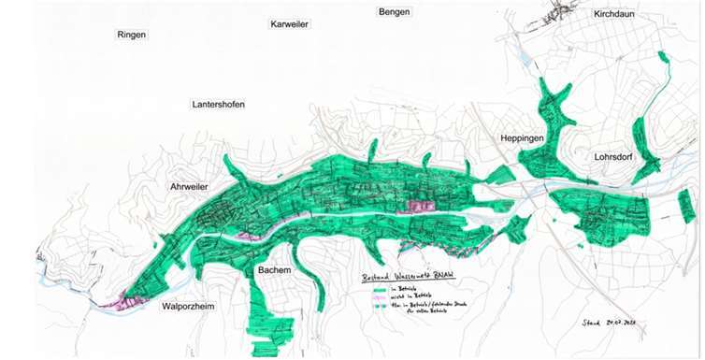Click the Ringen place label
point(132,35)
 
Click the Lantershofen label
point(217,105)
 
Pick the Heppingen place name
point(522,138)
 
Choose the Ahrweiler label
point(188,187)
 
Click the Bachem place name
point(273,270)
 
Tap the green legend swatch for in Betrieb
point(378,291)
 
